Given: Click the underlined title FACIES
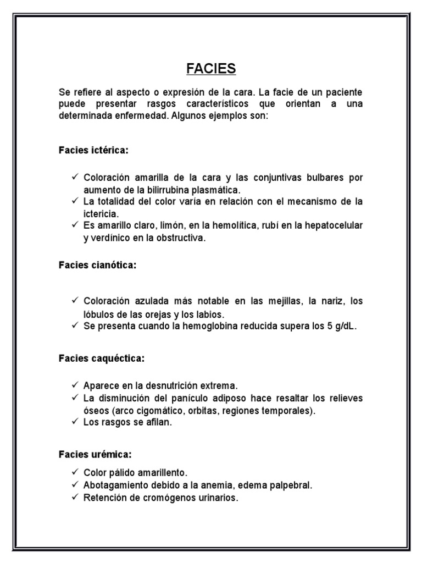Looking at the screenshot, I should [x=211, y=69].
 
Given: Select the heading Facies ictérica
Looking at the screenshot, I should [x=93, y=150].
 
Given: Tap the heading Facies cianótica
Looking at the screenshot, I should [x=97, y=265].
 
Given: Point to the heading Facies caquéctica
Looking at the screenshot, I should [x=102, y=358].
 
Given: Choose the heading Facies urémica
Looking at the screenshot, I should [x=95, y=455].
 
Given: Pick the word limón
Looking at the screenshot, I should [x=172, y=225].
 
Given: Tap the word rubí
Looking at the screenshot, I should [x=268, y=225].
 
